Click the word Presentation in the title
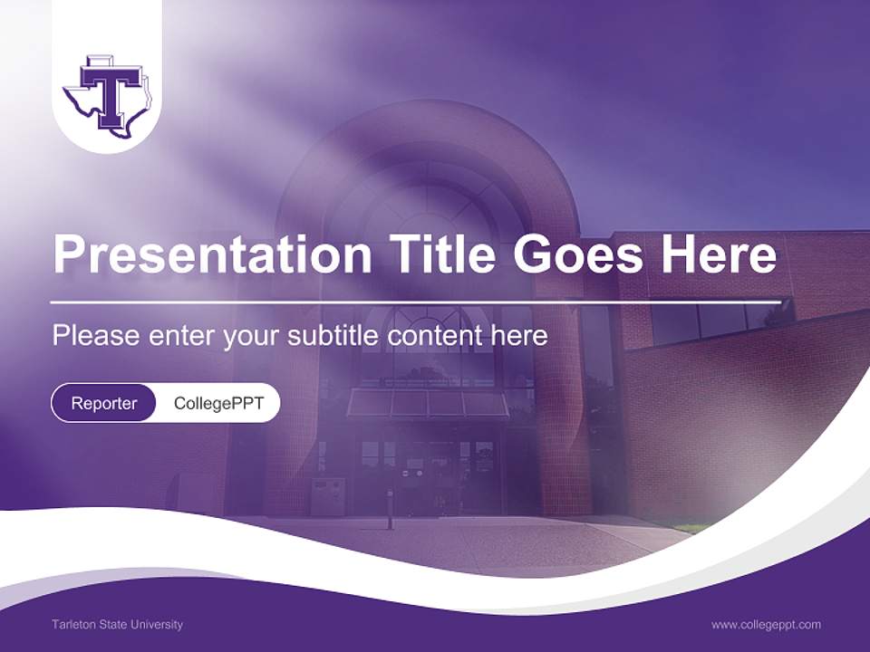tap(212, 255)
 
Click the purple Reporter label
tap(103, 403)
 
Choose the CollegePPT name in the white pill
tap(218, 403)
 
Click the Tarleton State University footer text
tap(117, 625)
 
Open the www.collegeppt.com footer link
tap(766, 625)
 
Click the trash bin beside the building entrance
tap(327, 496)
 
